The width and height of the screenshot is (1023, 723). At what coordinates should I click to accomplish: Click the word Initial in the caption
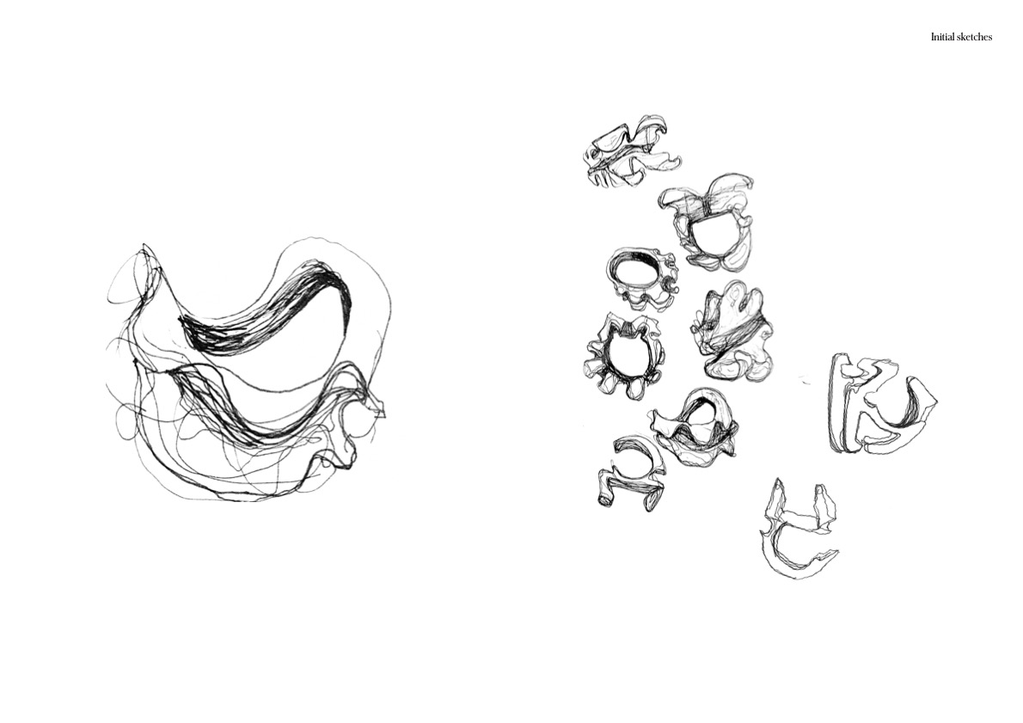click(x=943, y=37)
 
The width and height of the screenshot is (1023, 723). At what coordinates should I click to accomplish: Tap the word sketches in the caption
click(x=975, y=37)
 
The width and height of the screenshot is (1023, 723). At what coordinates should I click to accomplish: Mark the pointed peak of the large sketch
click(x=144, y=246)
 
